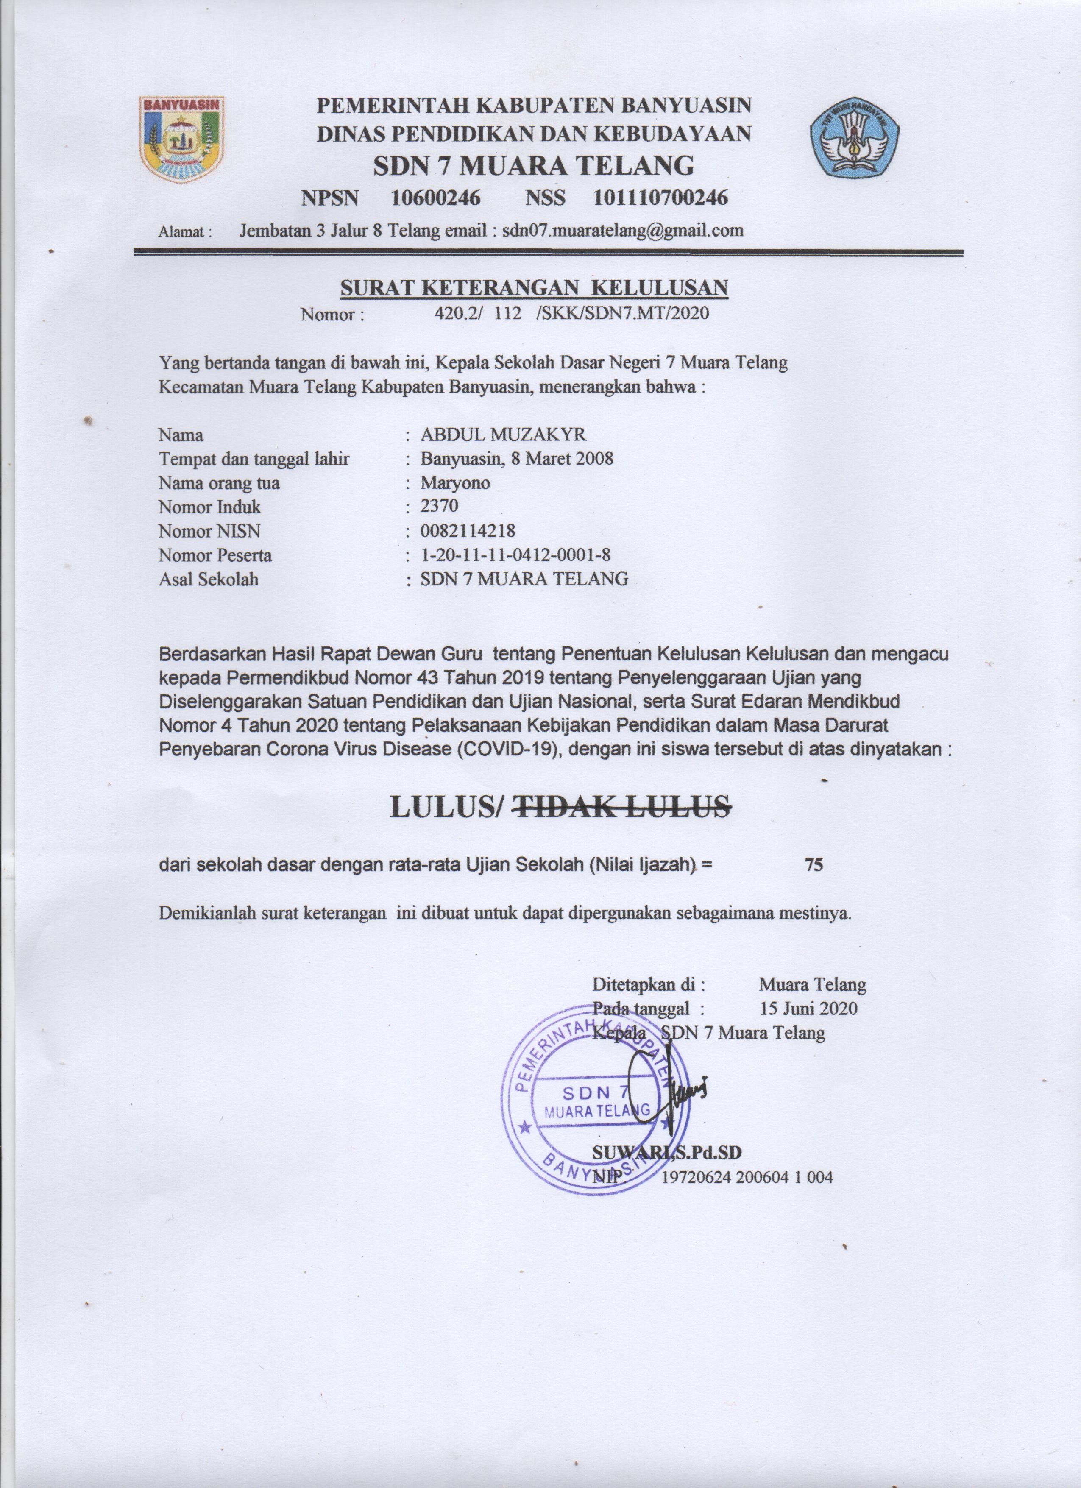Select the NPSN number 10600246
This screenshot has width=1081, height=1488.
point(435,198)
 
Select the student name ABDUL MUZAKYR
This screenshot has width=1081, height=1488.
point(504,435)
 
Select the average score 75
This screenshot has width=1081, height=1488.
point(814,865)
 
